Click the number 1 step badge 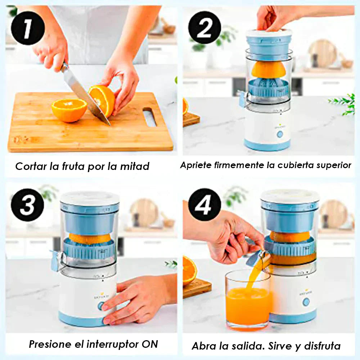point(28,28)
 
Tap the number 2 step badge point(205,28)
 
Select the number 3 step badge point(28,205)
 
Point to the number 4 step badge point(205,205)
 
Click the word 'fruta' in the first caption point(73,166)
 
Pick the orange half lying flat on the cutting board point(69,110)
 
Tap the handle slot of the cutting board point(150,117)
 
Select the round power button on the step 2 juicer point(280,134)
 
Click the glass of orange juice point(248,300)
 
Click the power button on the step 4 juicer point(306,302)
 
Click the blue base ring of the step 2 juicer point(267,145)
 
